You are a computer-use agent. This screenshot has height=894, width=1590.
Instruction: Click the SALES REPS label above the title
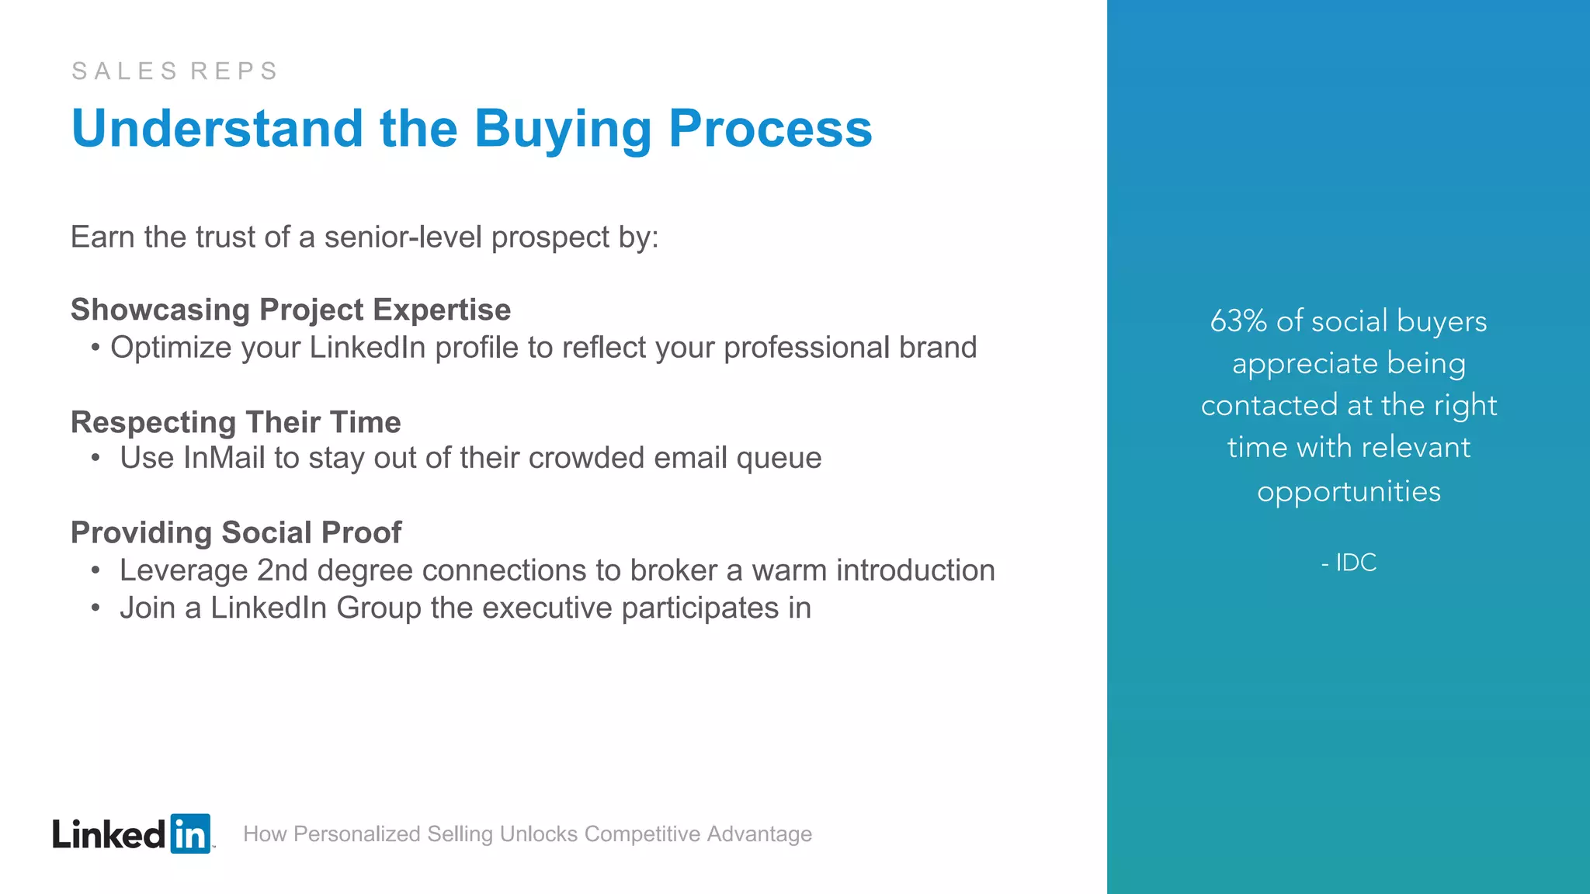point(175,71)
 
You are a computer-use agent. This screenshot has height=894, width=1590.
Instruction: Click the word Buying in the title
point(563,129)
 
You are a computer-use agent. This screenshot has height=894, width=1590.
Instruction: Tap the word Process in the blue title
point(770,129)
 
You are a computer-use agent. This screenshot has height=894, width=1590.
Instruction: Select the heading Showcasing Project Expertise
point(290,310)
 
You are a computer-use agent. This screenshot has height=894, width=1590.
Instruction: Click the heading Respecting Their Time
point(235,422)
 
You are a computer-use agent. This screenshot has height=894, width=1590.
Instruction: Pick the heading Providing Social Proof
point(235,533)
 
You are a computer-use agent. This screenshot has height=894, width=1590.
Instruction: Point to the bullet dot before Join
point(95,608)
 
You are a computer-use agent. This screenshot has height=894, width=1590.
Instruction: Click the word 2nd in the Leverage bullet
point(282,570)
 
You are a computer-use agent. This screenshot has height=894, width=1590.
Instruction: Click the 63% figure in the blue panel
point(1238,321)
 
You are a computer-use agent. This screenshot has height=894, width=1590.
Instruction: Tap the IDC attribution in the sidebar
point(1356,563)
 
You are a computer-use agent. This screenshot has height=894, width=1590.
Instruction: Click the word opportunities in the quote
point(1349,492)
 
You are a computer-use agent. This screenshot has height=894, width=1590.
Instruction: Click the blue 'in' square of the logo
point(190,834)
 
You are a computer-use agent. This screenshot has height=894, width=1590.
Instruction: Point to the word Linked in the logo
point(109,835)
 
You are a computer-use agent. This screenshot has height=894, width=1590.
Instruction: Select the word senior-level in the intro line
point(403,237)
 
